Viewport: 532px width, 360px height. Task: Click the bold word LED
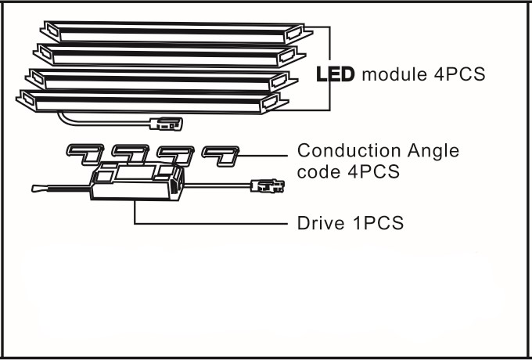(335, 74)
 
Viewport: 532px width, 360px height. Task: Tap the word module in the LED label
(395, 74)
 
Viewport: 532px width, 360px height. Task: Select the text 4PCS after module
(460, 74)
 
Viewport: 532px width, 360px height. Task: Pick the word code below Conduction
(318, 171)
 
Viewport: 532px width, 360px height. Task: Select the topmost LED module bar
(177, 32)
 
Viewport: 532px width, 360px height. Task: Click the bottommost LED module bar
(153, 102)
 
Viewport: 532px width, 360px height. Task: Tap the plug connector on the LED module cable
(166, 124)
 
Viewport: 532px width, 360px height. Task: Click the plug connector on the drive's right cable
(268, 186)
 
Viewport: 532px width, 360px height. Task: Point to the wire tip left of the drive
(38, 189)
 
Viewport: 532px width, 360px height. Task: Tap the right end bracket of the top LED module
(299, 33)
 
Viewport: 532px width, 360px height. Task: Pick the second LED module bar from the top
(170, 55)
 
